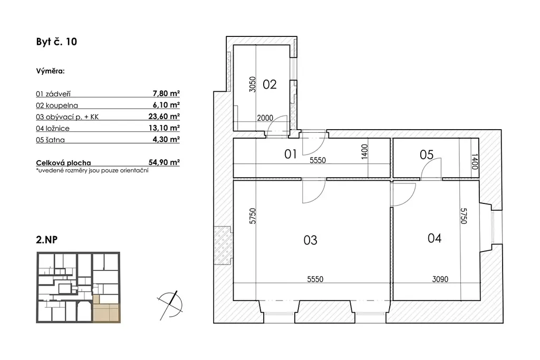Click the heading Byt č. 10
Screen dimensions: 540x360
coord(56,42)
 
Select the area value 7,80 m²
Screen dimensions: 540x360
coord(166,93)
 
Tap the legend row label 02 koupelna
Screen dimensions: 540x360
coord(57,105)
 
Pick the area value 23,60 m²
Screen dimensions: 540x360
coord(164,116)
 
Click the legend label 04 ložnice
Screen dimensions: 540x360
coord(53,129)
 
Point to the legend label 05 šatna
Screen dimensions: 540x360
coord(50,140)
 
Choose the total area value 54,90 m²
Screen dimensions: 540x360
coord(164,162)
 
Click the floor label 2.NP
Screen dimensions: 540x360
coord(46,239)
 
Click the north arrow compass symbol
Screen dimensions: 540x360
coord(170,305)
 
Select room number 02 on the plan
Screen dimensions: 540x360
coord(269,84)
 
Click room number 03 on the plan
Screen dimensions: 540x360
coord(310,240)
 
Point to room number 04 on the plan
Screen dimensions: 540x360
coord(435,238)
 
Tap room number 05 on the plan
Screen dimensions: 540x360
coord(426,155)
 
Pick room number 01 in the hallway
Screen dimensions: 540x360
coord(291,154)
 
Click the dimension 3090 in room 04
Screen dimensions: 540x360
coord(440,279)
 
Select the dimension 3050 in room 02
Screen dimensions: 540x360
coord(253,84)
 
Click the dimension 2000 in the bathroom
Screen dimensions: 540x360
coord(265,118)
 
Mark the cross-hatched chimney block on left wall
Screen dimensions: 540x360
coord(223,245)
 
